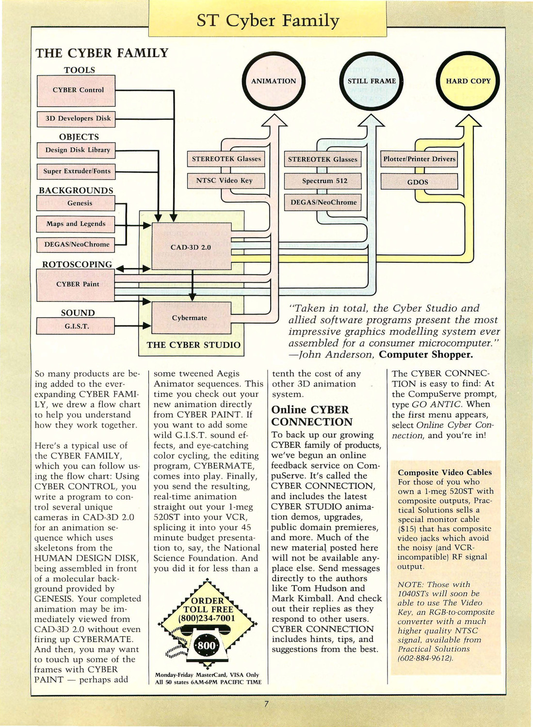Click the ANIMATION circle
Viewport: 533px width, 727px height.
(274, 81)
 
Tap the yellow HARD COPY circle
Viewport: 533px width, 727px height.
(468, 81)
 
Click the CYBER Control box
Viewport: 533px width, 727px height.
(76, 91)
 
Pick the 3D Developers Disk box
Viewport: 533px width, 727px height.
(76, 119)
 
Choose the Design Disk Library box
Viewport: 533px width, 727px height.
(76, 150)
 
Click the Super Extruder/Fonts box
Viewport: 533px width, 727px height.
(76, 172)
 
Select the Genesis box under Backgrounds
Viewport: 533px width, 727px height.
(76, 203)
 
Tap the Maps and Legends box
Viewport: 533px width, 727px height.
(76, 224)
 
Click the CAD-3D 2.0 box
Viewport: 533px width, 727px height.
(191, 246)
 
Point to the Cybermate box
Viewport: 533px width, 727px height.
(191, 318)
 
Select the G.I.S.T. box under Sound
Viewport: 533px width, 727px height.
(76, 326)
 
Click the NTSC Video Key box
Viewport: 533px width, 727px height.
(226, 181)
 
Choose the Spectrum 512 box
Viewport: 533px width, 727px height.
(323, 181)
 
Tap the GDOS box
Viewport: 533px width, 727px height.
(419, 181)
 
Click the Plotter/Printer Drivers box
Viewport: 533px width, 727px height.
(419, 159)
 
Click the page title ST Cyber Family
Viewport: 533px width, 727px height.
(268, 20)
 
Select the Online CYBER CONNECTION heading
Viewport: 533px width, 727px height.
(312, 415)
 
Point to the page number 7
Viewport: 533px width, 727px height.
(266, 704)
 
